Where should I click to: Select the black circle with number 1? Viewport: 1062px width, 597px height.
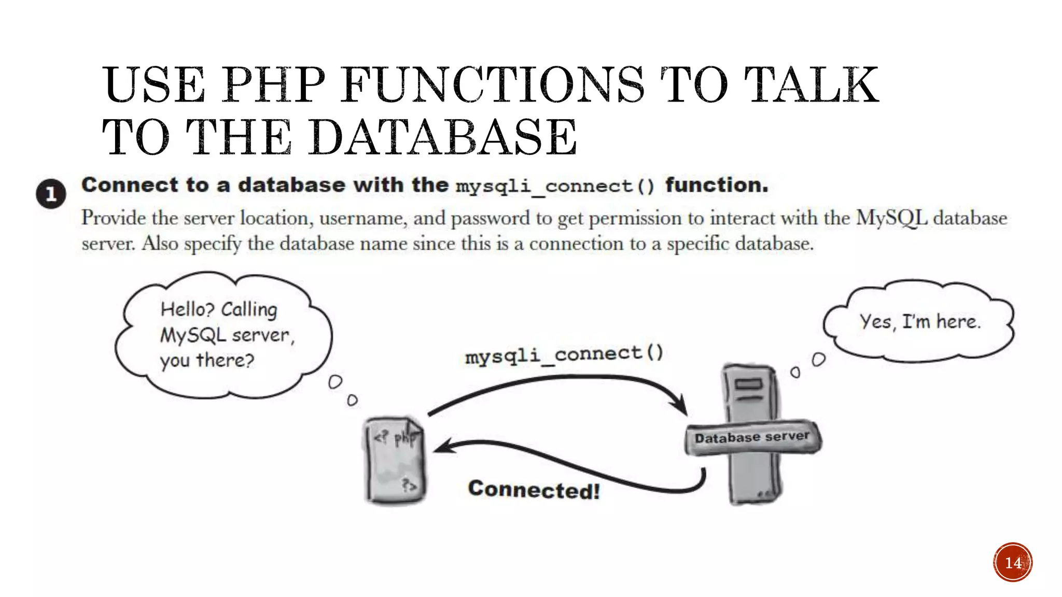[51, 194]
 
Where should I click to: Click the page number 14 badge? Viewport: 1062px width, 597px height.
[1013, 562]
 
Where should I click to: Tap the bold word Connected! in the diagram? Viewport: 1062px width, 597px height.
[534, 490]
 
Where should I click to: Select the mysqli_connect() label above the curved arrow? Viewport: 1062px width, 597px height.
[564, 354]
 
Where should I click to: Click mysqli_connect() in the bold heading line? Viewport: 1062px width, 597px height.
[555, 186]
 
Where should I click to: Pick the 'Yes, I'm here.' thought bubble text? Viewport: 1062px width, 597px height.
[920, 322]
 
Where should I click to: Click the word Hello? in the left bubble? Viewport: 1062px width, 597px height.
[187, 309]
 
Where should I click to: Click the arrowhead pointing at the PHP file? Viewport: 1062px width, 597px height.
[443, 447]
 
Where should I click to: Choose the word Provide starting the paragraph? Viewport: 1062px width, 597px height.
[114, 218]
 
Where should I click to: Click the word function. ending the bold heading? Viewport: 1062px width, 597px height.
[717, 185]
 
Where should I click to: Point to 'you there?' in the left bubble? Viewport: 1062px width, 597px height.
[207, 360]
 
